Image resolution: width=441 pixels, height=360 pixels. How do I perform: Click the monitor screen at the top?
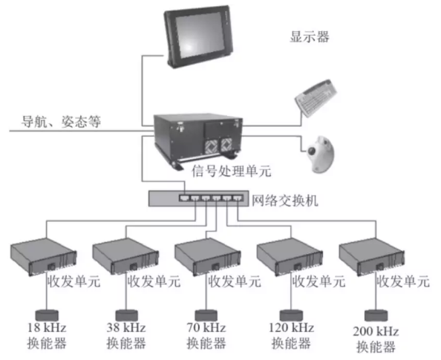(200, 35)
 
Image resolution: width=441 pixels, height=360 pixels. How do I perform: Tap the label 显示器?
(310, 37)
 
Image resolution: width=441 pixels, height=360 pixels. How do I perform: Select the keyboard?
(316, 97)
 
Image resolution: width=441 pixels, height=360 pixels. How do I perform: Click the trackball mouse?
(321, 154)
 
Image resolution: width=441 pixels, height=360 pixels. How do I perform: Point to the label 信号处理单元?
(232, 171)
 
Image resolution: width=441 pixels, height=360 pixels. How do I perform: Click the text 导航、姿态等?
(61, 122)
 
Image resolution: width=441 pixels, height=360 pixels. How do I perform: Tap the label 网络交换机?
(284, 200)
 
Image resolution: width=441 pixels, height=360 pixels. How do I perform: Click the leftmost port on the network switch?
(184, 198)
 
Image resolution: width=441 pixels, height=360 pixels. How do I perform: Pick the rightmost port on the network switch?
(238, 198)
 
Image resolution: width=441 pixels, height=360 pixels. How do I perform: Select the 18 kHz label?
(47, 327)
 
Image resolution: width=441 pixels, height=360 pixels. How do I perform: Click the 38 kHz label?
(126, 327)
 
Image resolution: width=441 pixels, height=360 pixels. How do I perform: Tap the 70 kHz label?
(206, 327)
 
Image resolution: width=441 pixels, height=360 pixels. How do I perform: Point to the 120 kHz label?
(291, 327)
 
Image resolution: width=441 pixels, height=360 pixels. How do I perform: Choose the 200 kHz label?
(376, 331)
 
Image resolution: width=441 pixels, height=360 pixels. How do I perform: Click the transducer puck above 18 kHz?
(47, 315)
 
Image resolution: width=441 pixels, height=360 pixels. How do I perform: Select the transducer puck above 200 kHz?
(376, 315)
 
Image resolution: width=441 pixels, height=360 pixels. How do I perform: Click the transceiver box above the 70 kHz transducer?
(208, 257)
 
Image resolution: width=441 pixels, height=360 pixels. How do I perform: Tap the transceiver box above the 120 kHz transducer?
(290, 257)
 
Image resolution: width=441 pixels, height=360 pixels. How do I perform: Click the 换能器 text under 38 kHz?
(126, 343)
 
